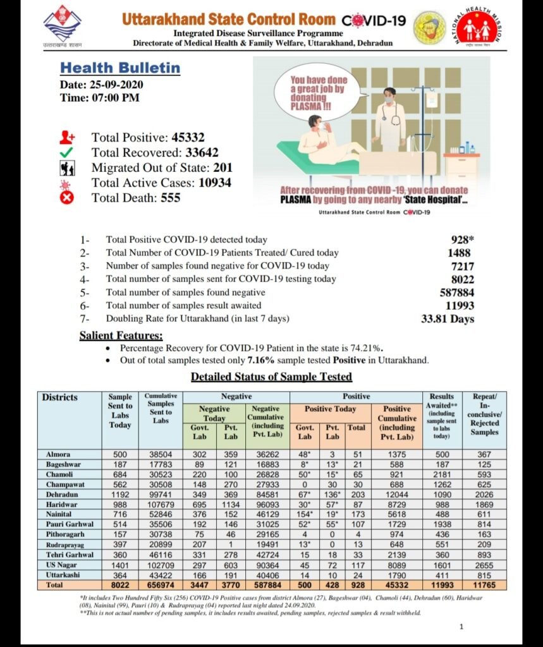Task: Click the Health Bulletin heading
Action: point(120,68)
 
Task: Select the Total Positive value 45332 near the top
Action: point(187,137)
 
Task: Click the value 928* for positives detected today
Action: point(460,240)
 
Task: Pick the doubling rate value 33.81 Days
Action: point(448,319)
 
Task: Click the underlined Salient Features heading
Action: point(121,336)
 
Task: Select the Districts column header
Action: point(60,397)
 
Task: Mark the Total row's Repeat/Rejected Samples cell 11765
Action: point(484,586)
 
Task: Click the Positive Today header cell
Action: point(330,409)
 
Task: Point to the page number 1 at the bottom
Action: point(462,627)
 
